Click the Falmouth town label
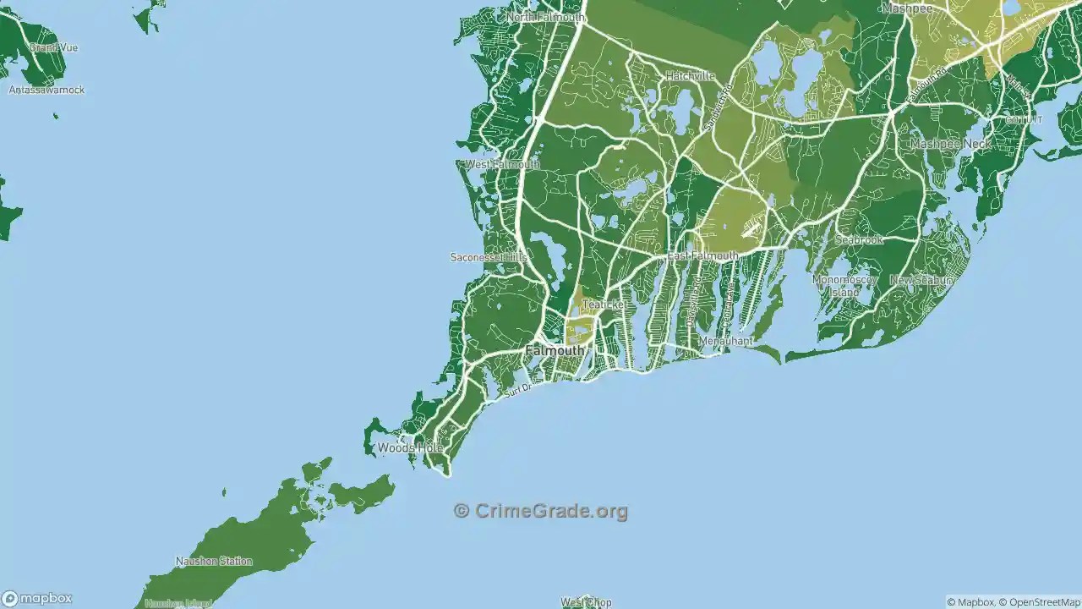click(555, 350)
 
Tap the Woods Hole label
click(409, 447)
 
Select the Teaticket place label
click(603, 304)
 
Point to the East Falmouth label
click(702, 255)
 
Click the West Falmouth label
click(502, 164)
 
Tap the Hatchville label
click(690, 76)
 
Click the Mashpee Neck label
click(950, 145)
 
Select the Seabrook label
click(858, 240)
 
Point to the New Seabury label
click(921, 280)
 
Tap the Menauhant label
click(724, 341)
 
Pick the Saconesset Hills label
click(489, 257)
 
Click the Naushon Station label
click(214, 561)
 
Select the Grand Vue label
click(53, 48)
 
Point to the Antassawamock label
click(46, 90)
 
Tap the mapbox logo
click(37, 598)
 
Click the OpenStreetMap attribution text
click(1039, 602)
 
